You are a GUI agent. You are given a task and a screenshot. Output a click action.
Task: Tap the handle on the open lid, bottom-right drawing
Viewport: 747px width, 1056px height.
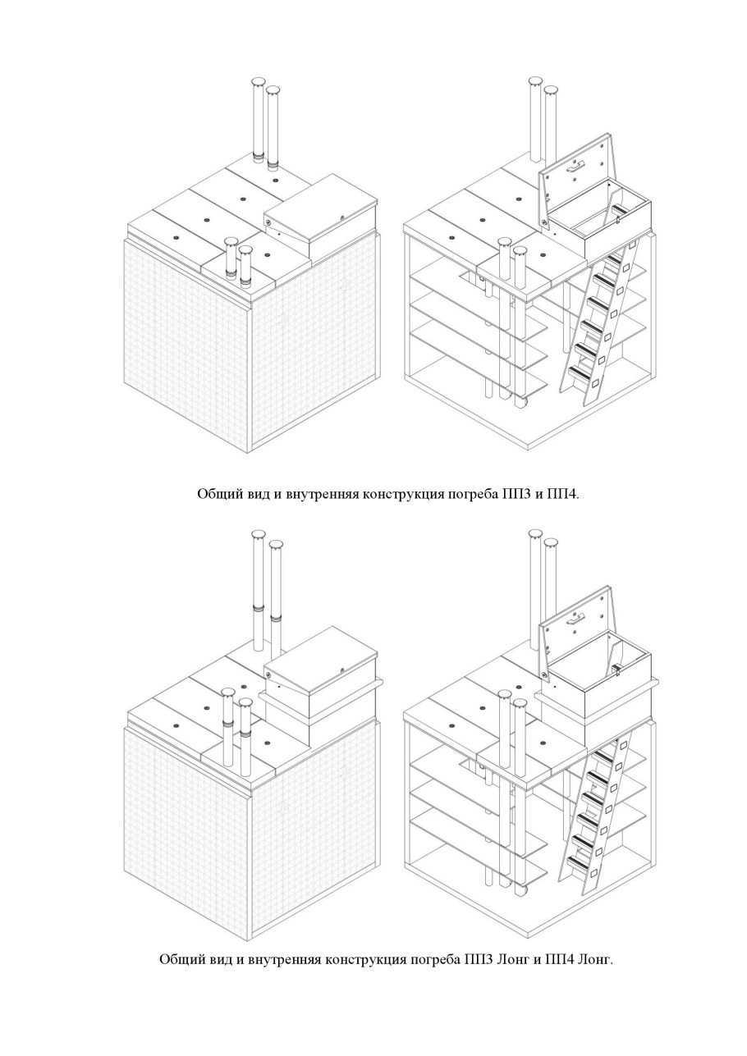(577, 618)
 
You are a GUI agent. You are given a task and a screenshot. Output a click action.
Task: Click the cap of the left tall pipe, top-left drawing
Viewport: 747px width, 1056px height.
(259, 81)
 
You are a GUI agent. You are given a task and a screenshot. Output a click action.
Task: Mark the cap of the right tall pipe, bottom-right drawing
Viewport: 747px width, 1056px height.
(551, 543)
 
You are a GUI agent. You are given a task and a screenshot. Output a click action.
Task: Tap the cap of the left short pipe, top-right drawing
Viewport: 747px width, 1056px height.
(505, 242)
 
